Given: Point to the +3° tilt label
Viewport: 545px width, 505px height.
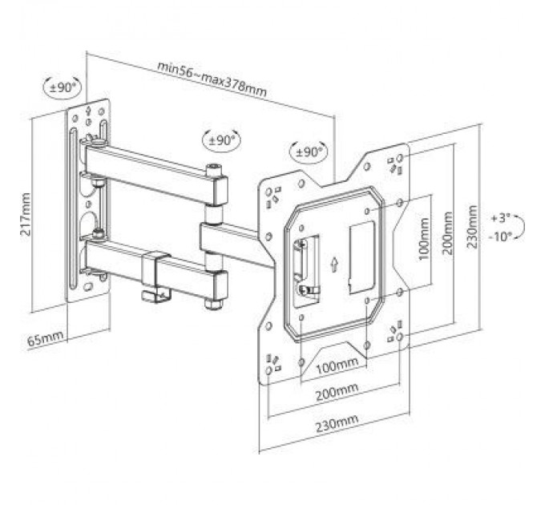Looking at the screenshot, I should click(501, 216).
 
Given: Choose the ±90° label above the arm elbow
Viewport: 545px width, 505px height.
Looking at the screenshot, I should click(220, 139).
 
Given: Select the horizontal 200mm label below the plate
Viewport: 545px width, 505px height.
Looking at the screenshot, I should click(336, 391).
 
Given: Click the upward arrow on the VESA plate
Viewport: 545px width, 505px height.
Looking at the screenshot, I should click(333, 263).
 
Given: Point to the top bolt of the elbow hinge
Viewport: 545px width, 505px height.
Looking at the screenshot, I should click(213, 171).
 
